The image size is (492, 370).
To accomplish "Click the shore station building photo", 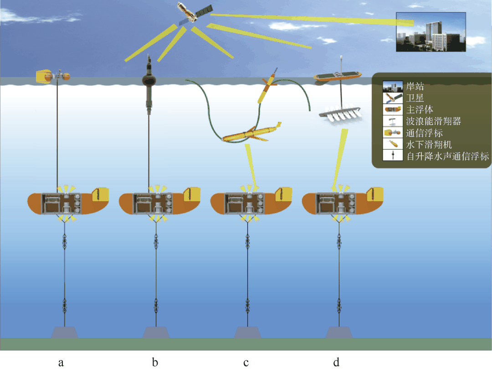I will tap(430, 31).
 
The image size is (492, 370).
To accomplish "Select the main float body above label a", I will tap(68, 202).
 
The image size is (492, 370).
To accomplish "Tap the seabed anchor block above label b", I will tap(156, 332).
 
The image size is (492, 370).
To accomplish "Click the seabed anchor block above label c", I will tap(247, 332).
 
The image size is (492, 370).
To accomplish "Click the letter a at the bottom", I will tap(61, 363).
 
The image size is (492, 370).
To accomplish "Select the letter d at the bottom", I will tap(336, 363).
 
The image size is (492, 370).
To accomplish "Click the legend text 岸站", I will tap(415, 85).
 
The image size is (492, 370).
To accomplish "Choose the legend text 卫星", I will tap(415, 97).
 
